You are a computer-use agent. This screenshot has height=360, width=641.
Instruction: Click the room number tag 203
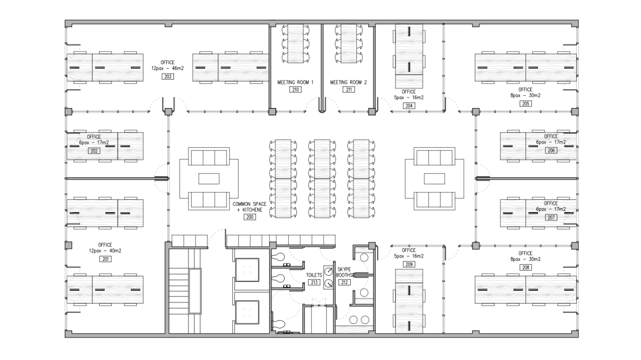click(x=168, y=76)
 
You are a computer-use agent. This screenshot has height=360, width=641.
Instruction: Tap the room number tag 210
click(x=295, y=90)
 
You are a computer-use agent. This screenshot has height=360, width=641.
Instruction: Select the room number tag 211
click(x=348, y=90)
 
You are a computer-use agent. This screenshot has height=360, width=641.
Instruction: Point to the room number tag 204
click(x=409, y=105)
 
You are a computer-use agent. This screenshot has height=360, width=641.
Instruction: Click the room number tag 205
click(x=525, y=104)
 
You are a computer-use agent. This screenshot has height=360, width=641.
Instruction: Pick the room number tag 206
click(x=551, y=151)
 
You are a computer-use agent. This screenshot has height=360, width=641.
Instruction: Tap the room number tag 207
click(x=551, y=218)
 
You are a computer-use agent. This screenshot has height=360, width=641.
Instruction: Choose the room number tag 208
click(x=525, y=268)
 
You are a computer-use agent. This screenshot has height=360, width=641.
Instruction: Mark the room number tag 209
click(x=409, y=264)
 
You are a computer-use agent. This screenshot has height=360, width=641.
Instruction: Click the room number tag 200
click(x=249, y=217)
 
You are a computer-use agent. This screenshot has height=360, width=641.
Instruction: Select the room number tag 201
click(x=105, y=259)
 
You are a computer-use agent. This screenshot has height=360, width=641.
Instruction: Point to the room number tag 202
click(x=94, y=151)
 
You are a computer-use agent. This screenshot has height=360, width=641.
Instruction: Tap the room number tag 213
click(x=314, y=282)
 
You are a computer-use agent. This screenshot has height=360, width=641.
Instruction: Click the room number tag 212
click(x=345, y=282)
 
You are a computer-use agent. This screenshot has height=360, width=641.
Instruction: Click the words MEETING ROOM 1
click(x=295, y=82)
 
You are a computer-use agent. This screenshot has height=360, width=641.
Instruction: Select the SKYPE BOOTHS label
click(x=345, y=272)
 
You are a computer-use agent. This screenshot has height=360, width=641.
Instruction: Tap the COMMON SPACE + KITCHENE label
click(x=249, y=207)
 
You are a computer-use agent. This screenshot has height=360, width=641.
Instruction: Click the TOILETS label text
click(x=314, y=275)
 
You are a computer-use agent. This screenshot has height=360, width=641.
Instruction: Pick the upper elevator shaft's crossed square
click(x=247, y=270)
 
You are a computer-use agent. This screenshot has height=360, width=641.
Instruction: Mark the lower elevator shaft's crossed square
click(x=247, y=312)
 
